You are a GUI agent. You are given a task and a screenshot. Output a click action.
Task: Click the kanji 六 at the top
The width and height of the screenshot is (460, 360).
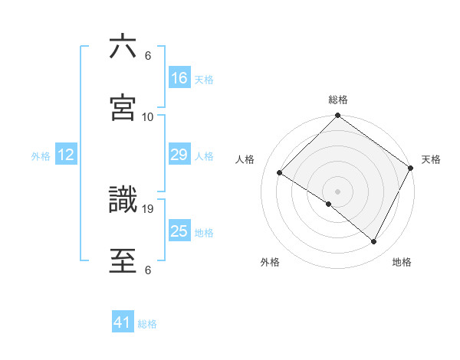tap(123, 47)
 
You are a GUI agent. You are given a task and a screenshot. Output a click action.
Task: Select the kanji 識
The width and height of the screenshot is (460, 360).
tap(123, 198)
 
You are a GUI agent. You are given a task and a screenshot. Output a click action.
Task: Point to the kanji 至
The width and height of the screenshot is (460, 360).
tap(123, 258)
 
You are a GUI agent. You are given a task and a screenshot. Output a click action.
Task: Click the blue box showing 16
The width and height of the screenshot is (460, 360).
tap(179, 78)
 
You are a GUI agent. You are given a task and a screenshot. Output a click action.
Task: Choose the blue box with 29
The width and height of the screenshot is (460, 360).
tap(179, 155)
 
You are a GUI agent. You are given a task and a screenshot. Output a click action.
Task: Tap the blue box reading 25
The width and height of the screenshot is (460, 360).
tap(179, 231)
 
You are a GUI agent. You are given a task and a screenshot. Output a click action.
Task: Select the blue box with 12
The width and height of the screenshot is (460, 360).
tap(66, 155)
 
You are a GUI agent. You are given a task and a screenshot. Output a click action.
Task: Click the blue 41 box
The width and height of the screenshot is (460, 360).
tap(123, 323)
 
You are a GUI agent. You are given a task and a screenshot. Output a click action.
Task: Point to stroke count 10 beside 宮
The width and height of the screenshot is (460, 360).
tap(148, 116)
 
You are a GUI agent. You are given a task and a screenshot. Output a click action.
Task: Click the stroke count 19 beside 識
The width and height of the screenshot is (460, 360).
tap(148, 208)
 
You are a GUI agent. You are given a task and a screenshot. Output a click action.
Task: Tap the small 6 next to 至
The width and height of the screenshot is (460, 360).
tap(147, 270)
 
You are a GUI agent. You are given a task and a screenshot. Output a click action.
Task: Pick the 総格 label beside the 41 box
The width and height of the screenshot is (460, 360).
tap(148, 324)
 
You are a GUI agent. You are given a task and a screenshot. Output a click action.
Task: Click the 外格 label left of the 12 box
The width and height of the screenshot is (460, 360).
tap(41, 155)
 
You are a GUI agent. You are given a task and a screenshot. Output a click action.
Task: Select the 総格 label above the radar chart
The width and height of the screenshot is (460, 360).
tap(338, 100)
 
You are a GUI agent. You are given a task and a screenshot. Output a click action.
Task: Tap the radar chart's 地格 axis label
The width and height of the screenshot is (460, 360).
tap(402, 262)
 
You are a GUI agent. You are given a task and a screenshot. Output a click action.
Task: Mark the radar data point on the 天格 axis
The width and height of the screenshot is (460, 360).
tap(411, 168)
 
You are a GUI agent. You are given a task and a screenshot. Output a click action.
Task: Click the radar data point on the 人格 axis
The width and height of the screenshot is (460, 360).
tap(280, 173)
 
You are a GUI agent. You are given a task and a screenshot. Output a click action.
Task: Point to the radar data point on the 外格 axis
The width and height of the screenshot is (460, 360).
tap(329, 205)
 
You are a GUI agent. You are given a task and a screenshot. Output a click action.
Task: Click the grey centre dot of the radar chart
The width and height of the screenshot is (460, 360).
tap(338, 191)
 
